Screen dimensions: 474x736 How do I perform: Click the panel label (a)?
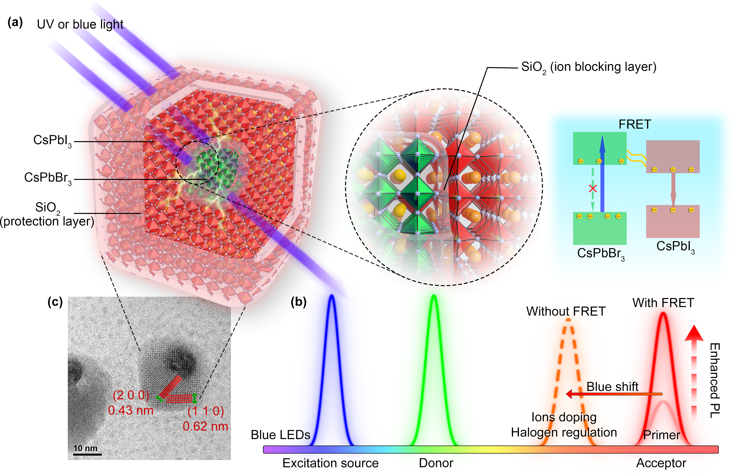click(15, 23)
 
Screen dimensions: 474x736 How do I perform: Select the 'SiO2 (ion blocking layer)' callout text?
click(588, 67)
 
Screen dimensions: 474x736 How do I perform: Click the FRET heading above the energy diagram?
click(635, 124)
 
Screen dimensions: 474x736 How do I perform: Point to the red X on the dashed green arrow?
click(593, 188)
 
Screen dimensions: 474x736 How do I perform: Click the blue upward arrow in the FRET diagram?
click(602, 172)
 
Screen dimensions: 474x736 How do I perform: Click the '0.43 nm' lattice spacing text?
click(131, 410)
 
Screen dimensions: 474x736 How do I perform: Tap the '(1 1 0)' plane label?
click(205, 411)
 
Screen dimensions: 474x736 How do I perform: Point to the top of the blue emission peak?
click(331, 296)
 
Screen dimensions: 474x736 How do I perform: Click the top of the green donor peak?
click(434, 296)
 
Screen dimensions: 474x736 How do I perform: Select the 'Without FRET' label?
click(566, 311)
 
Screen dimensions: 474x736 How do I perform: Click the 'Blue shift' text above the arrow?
click(612, 386)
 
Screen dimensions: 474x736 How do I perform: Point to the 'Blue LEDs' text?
click(280, 435)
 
